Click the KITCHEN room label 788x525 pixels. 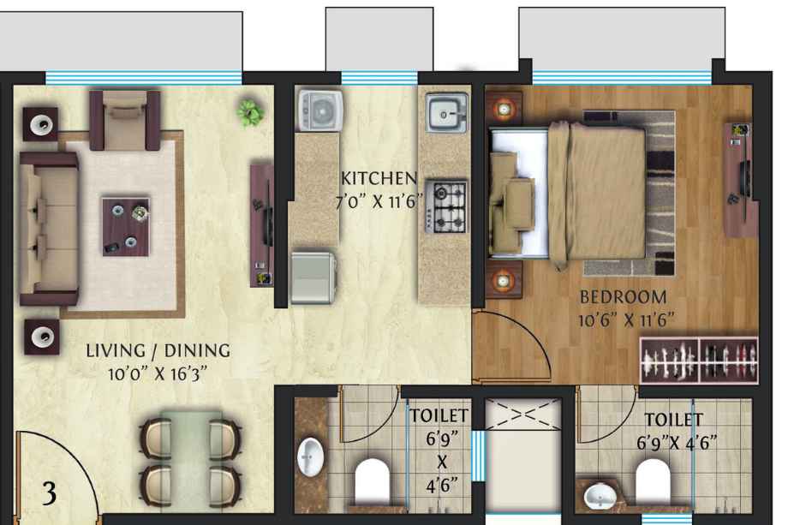(x=379, y=178)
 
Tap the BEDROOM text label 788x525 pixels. (x=624, y=297)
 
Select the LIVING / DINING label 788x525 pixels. (x=158, y=350)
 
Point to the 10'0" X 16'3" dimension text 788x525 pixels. (x=158, y=373)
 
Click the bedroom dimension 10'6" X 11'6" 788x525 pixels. (x=625, y=320)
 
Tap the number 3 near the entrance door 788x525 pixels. (x=50, y=493)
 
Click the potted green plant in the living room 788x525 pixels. (x=250, y=112)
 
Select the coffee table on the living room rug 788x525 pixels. (x=126, y=227)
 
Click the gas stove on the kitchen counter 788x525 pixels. (x=445, y=206)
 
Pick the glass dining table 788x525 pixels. (x=191, y=460)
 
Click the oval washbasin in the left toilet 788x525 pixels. (x=311, y=456)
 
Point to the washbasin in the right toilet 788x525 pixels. (x=600, y=495)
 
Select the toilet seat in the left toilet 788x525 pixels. (x=373, y=480)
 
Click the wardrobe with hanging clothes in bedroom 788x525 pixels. (x=699, y=360)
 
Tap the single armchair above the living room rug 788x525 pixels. (x=125, y=121)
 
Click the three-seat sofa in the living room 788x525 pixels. (x=49, y=229)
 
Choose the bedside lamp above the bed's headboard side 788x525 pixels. (x=504, y=108)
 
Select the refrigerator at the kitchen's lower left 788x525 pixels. (x=313, y=277)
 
